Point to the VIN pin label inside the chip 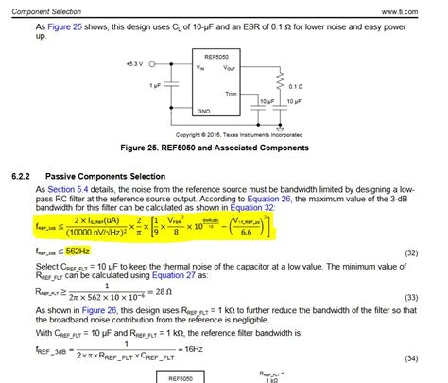tap(201, 68)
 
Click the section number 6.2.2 tap(22, 176)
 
